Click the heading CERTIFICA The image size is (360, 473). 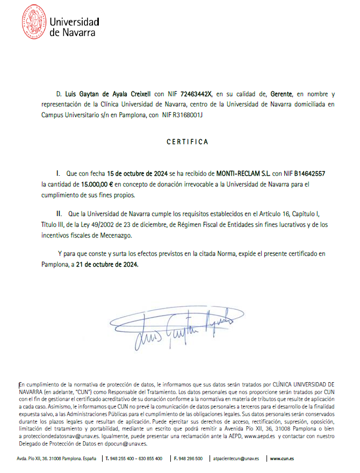(187, 142)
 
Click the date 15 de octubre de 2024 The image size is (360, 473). (138, 174)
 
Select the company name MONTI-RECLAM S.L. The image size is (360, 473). (243, 174)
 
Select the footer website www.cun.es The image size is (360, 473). (282, 458)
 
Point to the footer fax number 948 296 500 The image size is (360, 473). (189, 458)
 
